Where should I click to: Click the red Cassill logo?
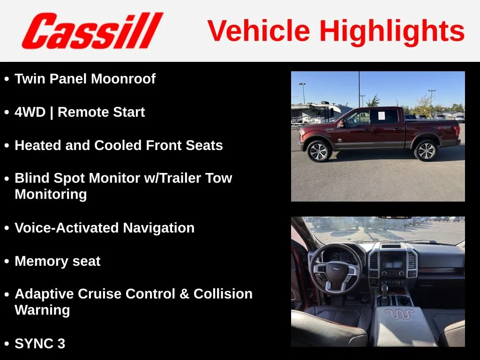point(92,30)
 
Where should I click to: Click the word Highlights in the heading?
point(392,31)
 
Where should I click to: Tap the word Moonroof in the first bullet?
point(123,79)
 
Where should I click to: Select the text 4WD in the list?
point(30,112)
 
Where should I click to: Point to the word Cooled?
point(118,145)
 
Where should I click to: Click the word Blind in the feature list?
point(32,178)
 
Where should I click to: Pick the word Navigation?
point(158,228)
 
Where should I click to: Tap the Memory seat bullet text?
point(58,261)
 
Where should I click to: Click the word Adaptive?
point(44,294)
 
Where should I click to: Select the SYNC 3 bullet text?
point(40,344)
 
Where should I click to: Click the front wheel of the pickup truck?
point(319,151)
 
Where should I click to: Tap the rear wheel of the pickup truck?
point(426,150)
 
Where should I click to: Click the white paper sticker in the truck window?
point(382,115)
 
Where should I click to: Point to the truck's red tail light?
point(458,131)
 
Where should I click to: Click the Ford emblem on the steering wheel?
point(336,269)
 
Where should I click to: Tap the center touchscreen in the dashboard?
point(393,261)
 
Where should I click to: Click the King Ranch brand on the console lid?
point(399,314)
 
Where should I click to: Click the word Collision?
point(223,294)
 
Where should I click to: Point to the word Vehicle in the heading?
point(259,31)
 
